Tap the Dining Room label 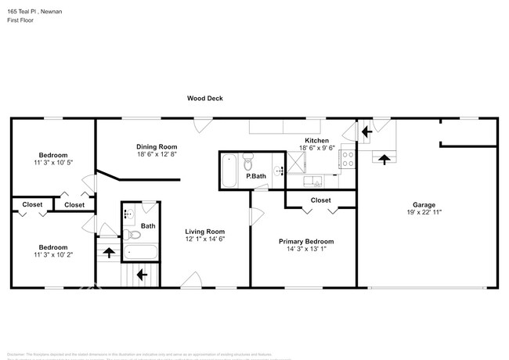157,146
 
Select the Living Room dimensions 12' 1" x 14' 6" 204,239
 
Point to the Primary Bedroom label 306,241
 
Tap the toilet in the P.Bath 248,162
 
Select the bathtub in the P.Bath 229,171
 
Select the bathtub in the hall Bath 141,253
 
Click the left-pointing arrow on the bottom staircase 141,275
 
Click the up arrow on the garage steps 383,159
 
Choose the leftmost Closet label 32,204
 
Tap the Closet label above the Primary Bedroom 320,200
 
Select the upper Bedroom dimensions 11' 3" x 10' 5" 54,162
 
